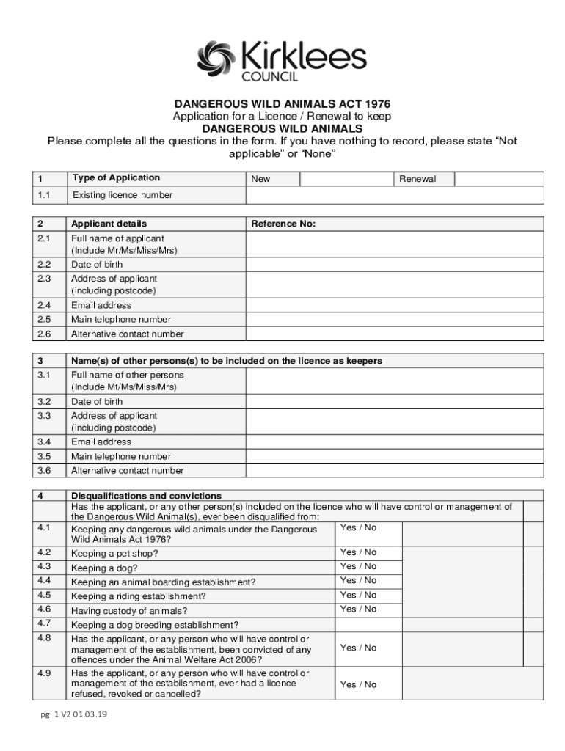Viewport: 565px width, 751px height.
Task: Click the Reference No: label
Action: pyautogui.click(x=283, y=224)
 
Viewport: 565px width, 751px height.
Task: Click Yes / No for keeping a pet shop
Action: pyautogui.click(x=358, y=552)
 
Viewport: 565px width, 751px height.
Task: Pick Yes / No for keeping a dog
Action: pyautogui.click(x=358, y=566)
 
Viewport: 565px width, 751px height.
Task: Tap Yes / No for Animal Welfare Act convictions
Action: pyautogui.click(x=358, y=648)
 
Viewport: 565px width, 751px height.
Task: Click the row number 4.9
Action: pyautogui.click(x=43, y=673)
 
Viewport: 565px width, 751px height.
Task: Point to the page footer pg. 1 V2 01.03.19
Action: pyautogui.click(x=74, y=716)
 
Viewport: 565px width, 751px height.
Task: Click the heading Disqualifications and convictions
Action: pyautogui.click(x=146, y=496)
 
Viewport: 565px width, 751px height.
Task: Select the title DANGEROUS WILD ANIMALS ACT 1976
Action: pyautogui.click(x=282, y=103)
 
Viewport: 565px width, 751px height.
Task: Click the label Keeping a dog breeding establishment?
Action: pyautogui.click(x=154, y=625)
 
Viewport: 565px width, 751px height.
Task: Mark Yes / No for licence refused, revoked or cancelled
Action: pyautogui.click(x=358, y=684)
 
